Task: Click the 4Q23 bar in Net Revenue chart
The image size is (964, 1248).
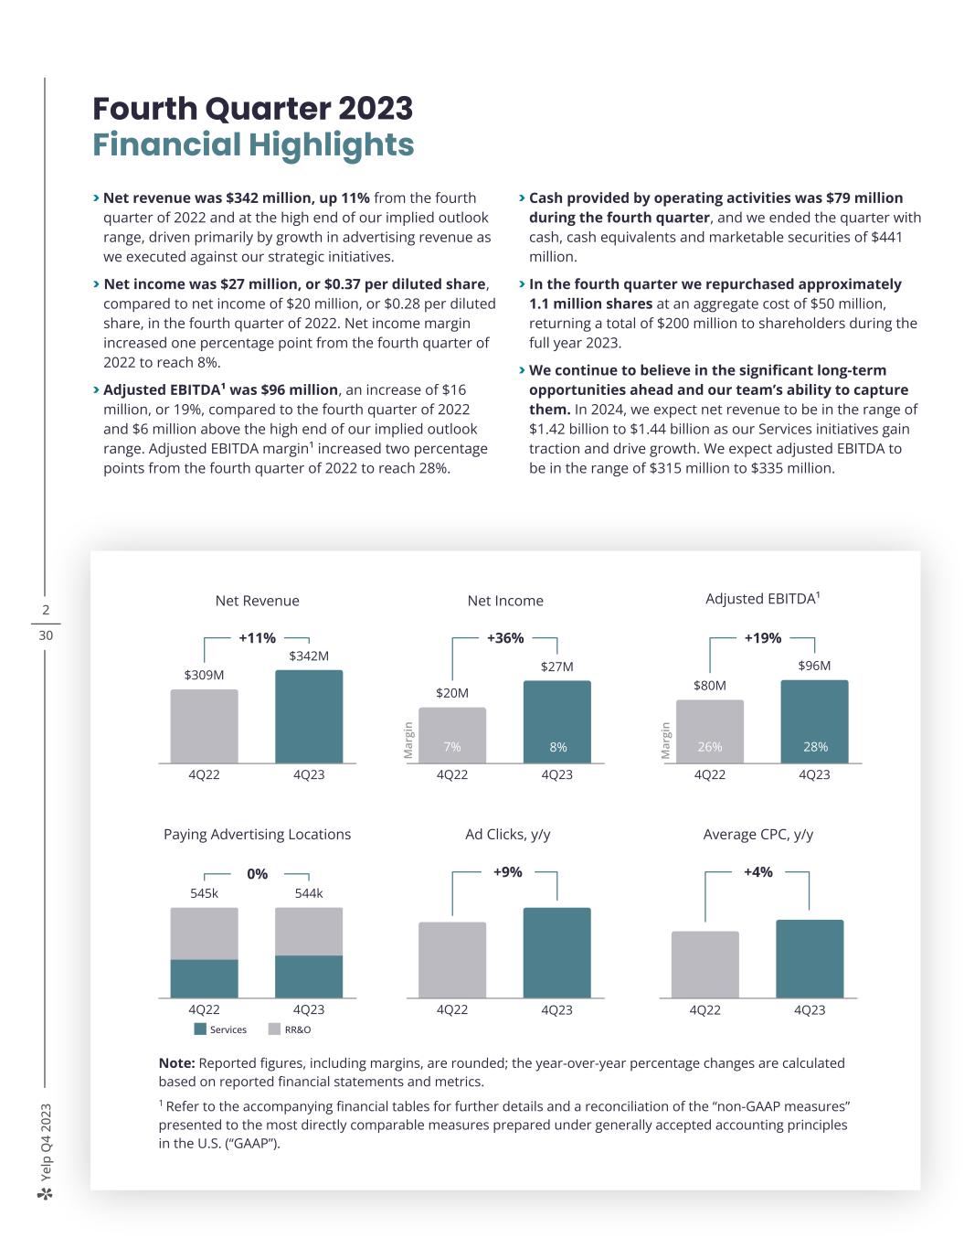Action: coord(309,716)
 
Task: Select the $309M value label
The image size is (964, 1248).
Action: coord(204,675)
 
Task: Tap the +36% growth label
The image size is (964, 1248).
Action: coord(505,638)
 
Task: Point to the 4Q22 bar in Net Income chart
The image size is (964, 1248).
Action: coord(452,734)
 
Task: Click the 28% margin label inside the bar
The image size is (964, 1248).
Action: coord(815,747)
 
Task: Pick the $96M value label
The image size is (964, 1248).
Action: coord(814,666)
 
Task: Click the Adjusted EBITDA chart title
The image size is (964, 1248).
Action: coord(762,599)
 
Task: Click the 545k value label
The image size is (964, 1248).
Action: coord(204,893)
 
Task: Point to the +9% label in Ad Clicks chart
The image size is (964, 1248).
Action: coord(507,872)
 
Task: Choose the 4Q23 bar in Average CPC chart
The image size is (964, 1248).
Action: coord(810,958)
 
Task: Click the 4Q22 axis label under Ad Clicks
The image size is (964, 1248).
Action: coord(452,1009)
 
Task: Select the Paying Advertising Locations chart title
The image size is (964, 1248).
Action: coord(257,834)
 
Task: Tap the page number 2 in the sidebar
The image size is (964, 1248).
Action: coord(46,611)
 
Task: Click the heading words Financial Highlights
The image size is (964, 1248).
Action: coord(253,144)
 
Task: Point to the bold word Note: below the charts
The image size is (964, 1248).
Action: coord(176,1062)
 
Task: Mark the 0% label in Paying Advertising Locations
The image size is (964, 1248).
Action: coord(257,874)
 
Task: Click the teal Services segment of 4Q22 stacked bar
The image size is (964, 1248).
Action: coord(204,978)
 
